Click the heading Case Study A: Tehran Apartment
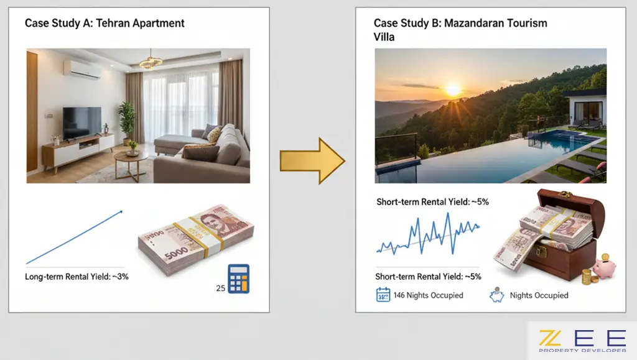pos(105,23)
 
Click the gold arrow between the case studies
pos(312,161)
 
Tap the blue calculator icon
pos(238,279)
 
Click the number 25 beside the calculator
pos(221,288)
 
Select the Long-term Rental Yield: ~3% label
pos(77,277)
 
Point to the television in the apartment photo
pos(82,123)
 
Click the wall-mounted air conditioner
pos(83,70)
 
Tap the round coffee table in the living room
pos(131,164)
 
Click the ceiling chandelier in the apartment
pos(151,61)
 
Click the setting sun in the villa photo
pos(453,90)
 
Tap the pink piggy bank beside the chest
pos(603,267)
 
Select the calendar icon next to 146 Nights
pos(383,295)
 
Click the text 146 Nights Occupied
pos(428,295)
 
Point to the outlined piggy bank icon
pos(496,295)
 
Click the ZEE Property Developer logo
pos(582,341)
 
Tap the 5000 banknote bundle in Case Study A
pos(196,240)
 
